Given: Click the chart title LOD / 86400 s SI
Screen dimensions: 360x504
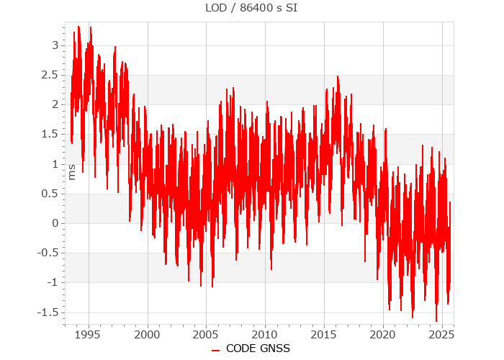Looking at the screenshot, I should pyautogui.click(x=252, y=9).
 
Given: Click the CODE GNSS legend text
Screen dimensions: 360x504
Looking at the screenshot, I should pyautogui.click(x=258, y=348).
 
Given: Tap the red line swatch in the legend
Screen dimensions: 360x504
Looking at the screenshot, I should pyautogui.click(x=215, y=349).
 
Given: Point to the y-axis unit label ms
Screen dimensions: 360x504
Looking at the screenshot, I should pyautogui.click(x=71, y=172).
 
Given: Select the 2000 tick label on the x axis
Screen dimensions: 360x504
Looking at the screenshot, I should pyautogui.click(x=147, y=335).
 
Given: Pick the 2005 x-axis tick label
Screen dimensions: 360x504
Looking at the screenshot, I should pyautogui.click(x=206, y=335).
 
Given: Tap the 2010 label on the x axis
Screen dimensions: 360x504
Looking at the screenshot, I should pyautogui.click(x=265, y=335).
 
